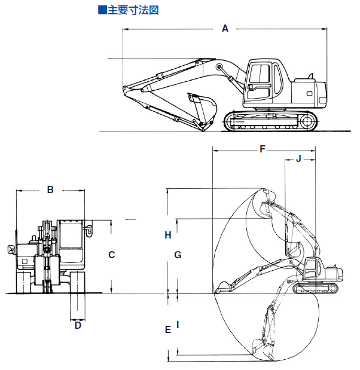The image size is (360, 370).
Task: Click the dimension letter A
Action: [x=225, y=28]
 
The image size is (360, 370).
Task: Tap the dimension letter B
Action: [x=50, y=190]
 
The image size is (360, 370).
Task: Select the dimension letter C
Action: [x=111, y=255]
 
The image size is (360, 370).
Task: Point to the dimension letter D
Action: [x=78, y=326]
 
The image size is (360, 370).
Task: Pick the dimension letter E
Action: [x=168, y=329]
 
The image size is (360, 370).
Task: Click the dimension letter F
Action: [x=262, y=149]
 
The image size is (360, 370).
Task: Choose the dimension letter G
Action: [x=178, y=255]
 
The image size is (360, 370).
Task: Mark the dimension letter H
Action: [x=168, y=235]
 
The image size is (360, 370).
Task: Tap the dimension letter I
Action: [x=178, y=326]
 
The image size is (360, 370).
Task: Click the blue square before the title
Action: [x=102, y=10]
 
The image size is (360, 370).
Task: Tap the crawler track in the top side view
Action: [x=271, y=121]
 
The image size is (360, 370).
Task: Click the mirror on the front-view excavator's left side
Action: [x=11, y=249]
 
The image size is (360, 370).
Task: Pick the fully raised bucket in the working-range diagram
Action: [x=267, y=198]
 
